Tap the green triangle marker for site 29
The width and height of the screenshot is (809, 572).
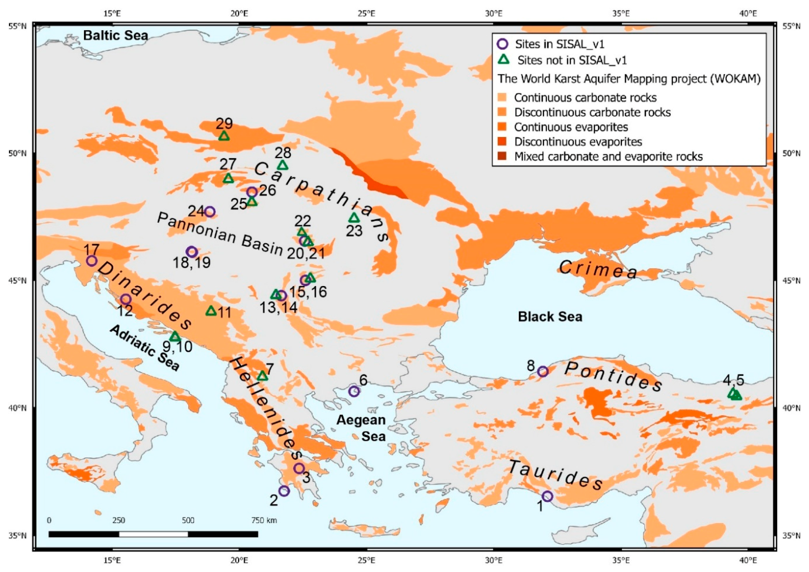[x=224, y=136]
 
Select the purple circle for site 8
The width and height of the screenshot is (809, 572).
[x=543, y=372]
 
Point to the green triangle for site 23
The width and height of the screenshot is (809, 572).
[x=354, y=218]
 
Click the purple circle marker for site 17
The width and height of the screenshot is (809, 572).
[x=92, y=261]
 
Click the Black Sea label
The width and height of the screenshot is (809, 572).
[x=550, y=317]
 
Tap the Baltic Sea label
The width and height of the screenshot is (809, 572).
[x=115, y=36]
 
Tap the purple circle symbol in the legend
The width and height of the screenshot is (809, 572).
[x=503, y=44]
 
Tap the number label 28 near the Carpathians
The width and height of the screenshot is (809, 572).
[x=283, y=153]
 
